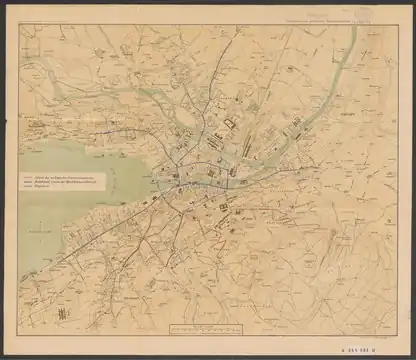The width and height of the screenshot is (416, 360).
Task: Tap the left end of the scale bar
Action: coord(171,327)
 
